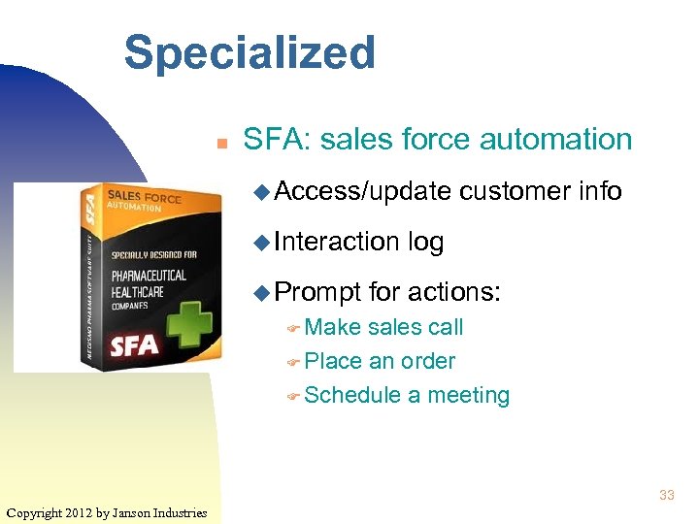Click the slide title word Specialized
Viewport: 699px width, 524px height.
tap(250, 53)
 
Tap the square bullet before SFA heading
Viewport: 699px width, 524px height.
tap(221, 143)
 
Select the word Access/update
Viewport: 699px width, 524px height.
tap(362, 192)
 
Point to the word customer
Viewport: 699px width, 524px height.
tap(514, 192)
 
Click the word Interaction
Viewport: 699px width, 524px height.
tap(337, 242)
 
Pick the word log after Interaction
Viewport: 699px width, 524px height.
tap(426, 242)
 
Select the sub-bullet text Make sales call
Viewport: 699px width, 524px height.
tap(383, 328)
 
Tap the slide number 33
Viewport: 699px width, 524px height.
tap(666, 495)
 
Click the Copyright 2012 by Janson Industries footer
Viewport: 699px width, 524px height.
tap(106, 511)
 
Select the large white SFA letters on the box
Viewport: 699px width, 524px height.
tap(134, 344)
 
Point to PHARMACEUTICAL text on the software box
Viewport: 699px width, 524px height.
tap(147, 276)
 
